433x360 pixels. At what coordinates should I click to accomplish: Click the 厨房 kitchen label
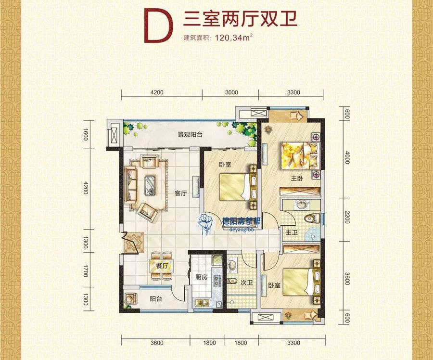pyautogui.click(x=201, y=277)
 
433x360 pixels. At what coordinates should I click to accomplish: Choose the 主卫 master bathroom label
pyautogui.click(x=292, y=232)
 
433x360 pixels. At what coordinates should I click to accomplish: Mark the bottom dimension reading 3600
pyautogui.click(x=157, y=343)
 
